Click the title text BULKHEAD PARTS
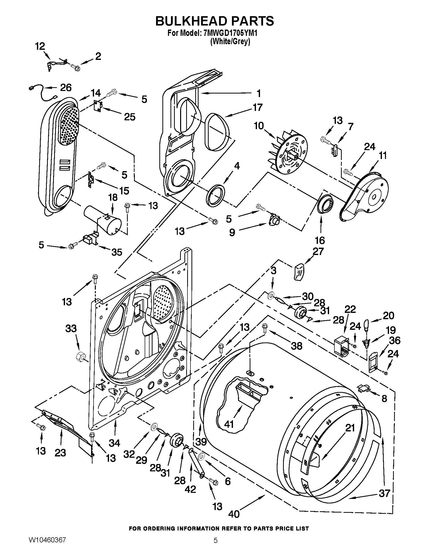tap(214, 21)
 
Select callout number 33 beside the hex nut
tap(71, 328)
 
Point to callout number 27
tap(318, 251)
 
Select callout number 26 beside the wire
tap(66, 88)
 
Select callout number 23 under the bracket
tap(60, 453)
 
